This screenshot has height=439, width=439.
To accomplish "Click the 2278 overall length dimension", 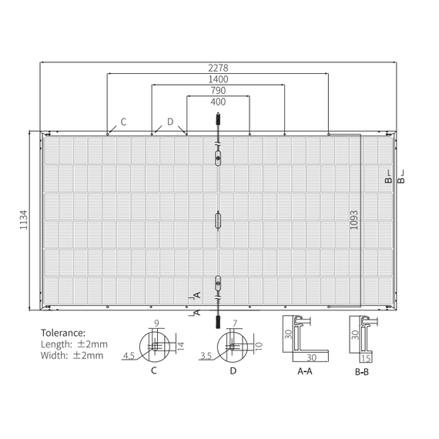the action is tap(218, 68).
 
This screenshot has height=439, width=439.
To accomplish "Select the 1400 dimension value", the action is tap(218, 79).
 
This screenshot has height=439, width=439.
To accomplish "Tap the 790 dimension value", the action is tap(218, 90).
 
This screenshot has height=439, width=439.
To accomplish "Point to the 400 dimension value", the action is tap(218, 102).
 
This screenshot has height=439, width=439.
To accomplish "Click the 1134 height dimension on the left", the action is tap(24, 219).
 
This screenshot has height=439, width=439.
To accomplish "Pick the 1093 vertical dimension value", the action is tap(354, 219).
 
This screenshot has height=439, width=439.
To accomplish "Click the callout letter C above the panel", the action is tap(123, 122).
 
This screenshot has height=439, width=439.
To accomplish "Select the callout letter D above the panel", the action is tap(170, 122).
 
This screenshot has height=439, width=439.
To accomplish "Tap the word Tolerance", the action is tap(63, 333).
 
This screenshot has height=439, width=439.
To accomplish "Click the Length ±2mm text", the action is tap(74, 344).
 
